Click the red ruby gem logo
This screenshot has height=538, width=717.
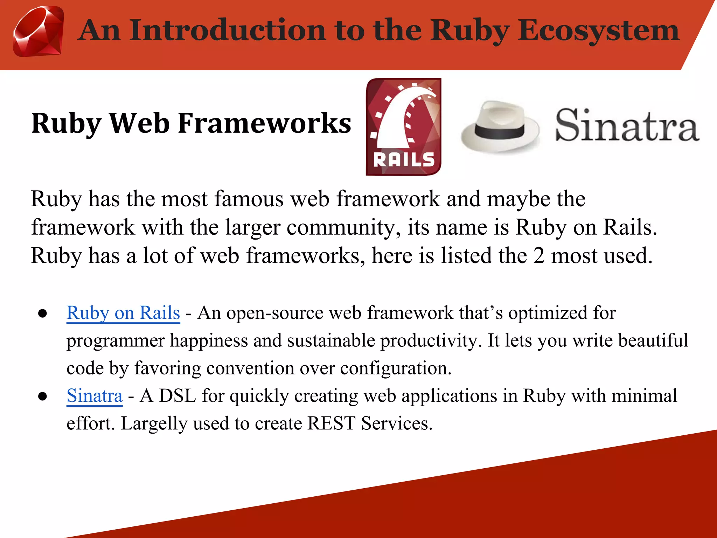[x=39, y=32]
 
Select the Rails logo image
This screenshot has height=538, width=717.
[x=403, y=126]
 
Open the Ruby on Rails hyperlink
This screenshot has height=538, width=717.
[x=123, y=313]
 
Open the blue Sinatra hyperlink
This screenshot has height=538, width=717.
[x=95, y=396]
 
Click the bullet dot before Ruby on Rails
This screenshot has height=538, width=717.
[x=43, y=313]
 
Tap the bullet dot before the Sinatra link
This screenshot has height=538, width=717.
[x=43, y=396]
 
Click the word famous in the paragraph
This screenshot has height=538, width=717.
[x=249, y=199]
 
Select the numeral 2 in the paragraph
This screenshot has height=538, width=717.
[x=539, y=256]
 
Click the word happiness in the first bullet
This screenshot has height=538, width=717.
[x=209, y=341]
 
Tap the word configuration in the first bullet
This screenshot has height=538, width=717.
[x=396, y=368]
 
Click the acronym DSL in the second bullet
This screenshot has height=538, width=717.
[x=177, y=396]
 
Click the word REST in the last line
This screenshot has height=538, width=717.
[x=331, y=423]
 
